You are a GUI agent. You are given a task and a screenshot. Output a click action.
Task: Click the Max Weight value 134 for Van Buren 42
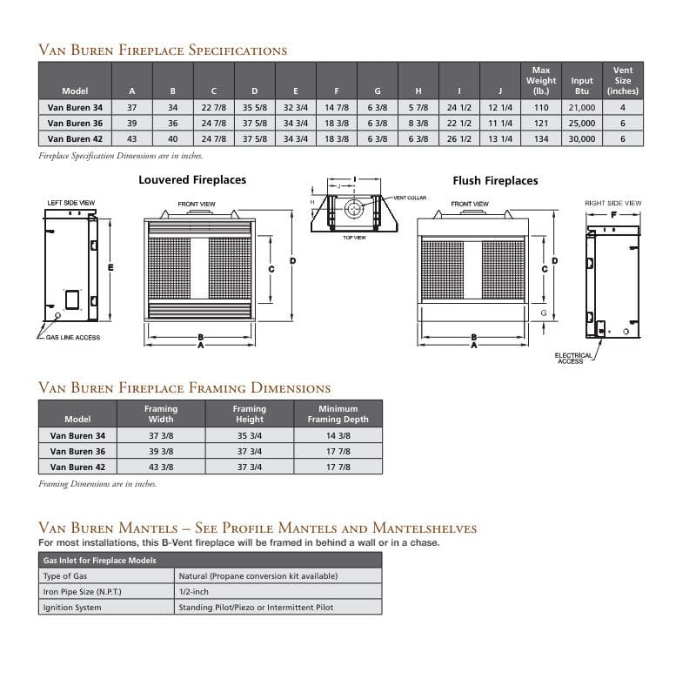(541, 138)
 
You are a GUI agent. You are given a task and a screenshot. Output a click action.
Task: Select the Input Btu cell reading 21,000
(582, 108)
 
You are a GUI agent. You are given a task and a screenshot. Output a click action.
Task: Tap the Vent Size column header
(623, 80)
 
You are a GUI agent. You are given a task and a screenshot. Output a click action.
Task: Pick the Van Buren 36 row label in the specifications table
(76, 124)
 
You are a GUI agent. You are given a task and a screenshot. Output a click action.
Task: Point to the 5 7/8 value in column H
(418, 108)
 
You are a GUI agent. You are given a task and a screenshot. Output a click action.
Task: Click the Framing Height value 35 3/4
(250, 435)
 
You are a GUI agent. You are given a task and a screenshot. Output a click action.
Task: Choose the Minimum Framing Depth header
(338, 413)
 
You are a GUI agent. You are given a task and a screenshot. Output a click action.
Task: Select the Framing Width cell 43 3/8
(161, 467)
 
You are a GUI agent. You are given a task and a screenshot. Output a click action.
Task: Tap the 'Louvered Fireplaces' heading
(192, 180)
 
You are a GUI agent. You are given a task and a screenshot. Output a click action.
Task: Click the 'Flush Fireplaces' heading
(495, 181)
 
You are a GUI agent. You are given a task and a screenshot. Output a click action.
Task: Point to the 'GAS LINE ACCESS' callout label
(74, 338)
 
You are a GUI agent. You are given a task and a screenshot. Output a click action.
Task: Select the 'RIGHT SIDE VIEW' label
(612, 203)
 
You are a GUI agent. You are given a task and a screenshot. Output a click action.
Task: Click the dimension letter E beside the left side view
(110, 267)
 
